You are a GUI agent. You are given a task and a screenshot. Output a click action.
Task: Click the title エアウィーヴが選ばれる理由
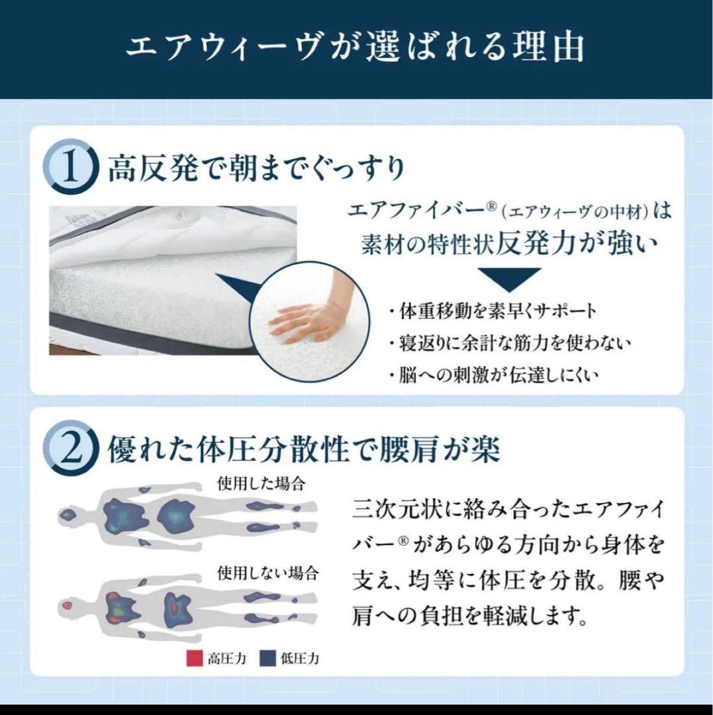pos(356,48)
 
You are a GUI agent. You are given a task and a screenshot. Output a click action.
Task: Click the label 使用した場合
pos(261,483)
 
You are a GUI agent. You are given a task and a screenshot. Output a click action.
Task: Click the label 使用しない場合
pos(268,571)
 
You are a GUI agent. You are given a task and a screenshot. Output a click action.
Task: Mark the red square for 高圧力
pos(193,659)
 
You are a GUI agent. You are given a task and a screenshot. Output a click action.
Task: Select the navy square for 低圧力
pos(267,659)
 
